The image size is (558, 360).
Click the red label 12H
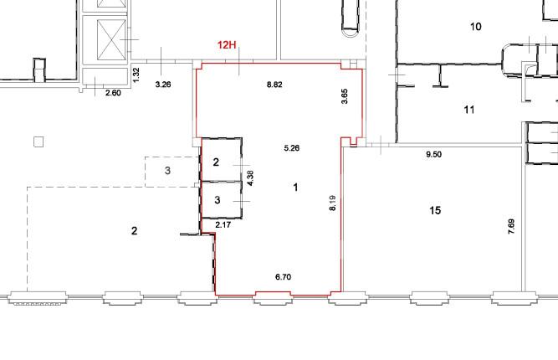[227, 45]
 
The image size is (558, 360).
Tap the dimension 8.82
[274, 85]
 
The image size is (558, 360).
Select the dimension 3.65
[344, 96]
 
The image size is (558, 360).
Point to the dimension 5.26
[291, 148]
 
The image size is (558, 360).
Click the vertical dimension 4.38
[250, 178]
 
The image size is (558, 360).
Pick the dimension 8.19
[332, 203]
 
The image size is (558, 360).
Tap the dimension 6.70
[284, 276]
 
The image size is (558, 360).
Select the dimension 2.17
[223, 224]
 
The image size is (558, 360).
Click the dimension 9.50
[434, 154]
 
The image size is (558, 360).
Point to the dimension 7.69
[511, 227]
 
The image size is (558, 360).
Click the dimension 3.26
[163, 85]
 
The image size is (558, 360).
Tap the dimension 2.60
[113, 93]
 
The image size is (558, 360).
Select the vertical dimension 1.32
[136, 75]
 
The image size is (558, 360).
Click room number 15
[435, 210]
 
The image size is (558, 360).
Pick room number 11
[469, 110]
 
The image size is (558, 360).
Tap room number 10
[476, 26]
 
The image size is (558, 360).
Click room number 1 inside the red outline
[295, 188]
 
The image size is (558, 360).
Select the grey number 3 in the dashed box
[167, 171]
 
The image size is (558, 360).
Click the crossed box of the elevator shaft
[111, 40]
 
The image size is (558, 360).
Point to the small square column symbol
[38, 142]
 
